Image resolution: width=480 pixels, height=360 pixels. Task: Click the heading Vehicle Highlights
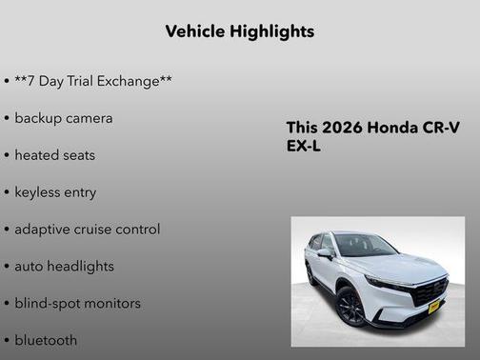[x=239, y=31]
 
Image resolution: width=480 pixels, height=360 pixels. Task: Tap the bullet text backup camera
[x=63, y=118]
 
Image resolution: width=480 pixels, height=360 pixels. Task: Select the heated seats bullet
[x=54, y=155]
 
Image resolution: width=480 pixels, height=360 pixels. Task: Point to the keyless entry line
[x=55, y=192]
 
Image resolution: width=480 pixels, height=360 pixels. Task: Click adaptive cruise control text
[x=87, y=230]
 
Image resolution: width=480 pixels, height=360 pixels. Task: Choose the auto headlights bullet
[x=64, y=267]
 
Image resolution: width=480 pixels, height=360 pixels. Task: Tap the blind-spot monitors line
[x=77, y=304]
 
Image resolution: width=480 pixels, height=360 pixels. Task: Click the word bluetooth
[x=46, y=340]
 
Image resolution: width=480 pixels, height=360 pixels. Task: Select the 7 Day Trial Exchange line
[x=92, y=81]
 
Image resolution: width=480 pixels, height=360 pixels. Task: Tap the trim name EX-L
[x=304, y=148]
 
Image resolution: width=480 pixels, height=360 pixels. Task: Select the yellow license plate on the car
[x=433, y=306]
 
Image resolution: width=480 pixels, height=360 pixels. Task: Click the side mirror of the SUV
[x=326, y=253]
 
